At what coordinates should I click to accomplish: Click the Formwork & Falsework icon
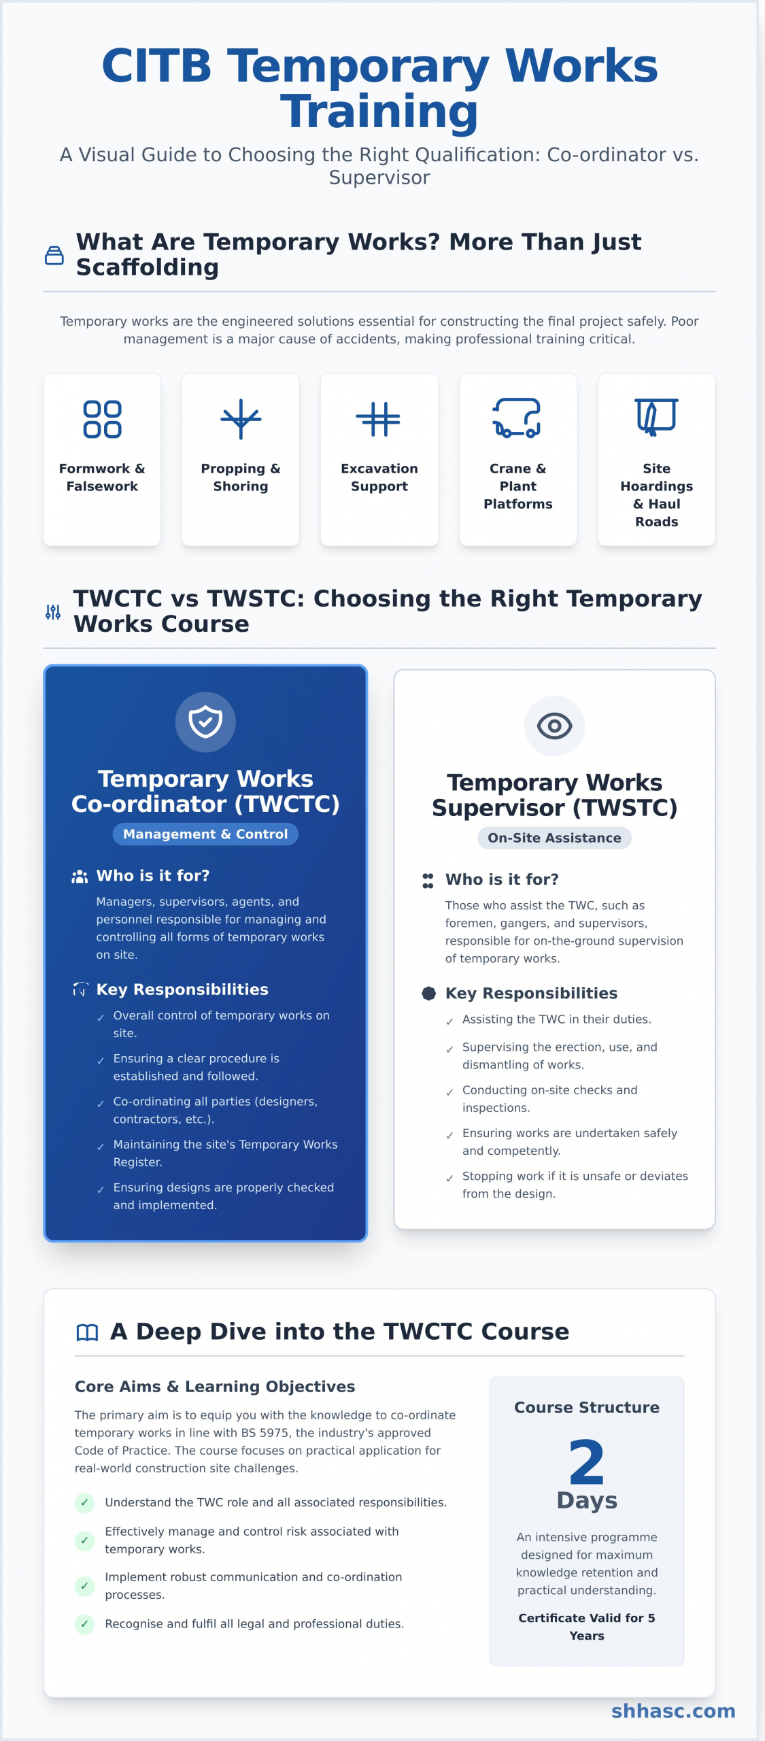(102, 419)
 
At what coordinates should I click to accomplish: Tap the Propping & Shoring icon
(241, 419)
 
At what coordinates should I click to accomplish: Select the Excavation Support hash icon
(379, 419)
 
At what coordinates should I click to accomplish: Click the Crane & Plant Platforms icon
(517, 418)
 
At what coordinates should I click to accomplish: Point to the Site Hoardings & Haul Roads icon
(656, 416)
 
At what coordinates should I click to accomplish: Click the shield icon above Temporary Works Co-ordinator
(205, 722)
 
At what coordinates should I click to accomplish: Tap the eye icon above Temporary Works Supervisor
(554, 726)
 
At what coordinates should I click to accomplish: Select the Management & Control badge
(205, 834)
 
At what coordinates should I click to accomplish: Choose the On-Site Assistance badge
(554, 838)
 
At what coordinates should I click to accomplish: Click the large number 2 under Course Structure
(586, 1462)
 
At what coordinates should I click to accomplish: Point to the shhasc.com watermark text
(673, 1710)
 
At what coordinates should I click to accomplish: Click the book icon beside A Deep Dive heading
(87, 1332)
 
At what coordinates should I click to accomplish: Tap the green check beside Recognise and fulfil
(84, 1624)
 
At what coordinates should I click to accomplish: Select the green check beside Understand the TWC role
(84, 1502)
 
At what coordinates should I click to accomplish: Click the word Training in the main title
(379, 112)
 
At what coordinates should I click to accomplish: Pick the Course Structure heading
(586, 1407)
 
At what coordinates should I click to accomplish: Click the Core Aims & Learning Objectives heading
(215, 1386)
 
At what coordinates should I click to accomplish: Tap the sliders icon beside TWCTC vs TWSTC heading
(53, 612)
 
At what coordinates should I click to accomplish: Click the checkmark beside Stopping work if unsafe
(449, 1178)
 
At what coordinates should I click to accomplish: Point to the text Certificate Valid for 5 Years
(586, 1627)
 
